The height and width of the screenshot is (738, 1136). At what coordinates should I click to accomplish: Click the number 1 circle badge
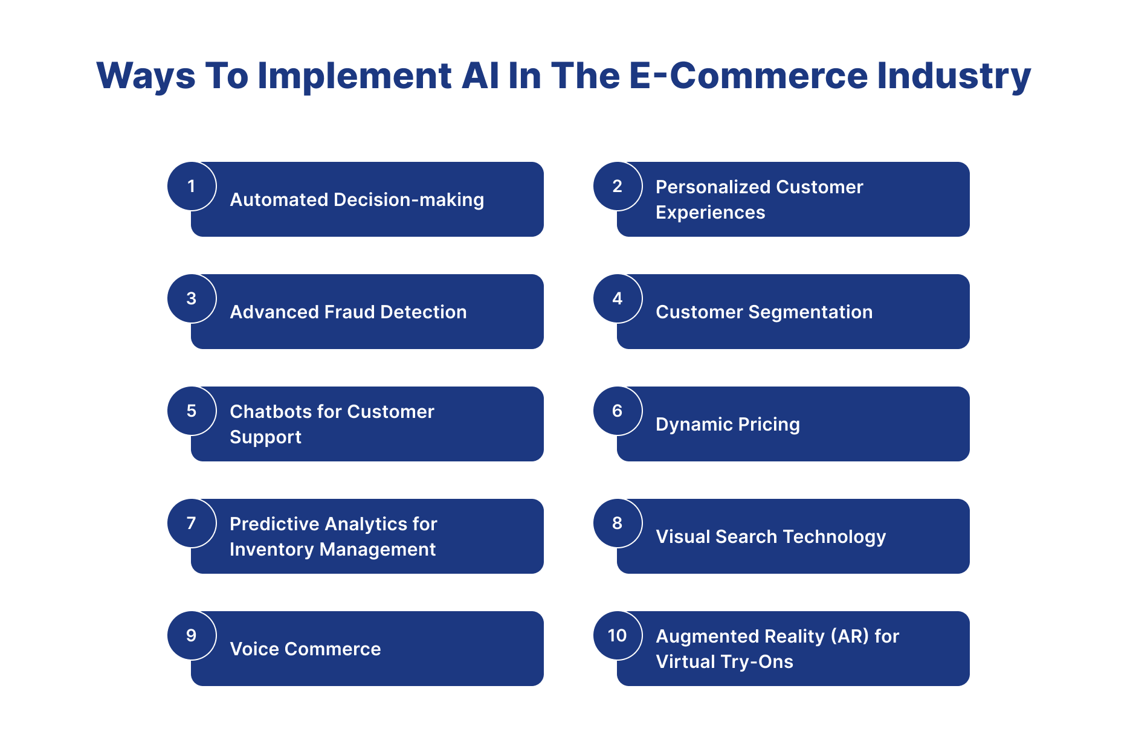point(192,186)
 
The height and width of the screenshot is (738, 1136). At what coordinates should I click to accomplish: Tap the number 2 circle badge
point(617,186)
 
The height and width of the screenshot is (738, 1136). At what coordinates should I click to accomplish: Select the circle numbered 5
point(192,411)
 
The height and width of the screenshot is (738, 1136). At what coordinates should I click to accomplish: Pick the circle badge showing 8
point(617,523)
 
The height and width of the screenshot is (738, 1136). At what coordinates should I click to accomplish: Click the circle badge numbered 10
point(617,635)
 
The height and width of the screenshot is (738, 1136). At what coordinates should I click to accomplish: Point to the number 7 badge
point(192,523)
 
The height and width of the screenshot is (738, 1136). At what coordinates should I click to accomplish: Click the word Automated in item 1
point(279,200)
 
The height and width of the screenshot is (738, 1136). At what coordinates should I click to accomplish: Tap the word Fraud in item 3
point(350,312)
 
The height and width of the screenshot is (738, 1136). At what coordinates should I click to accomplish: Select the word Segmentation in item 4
point(810,312)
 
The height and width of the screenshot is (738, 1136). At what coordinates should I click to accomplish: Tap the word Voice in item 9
point(254,649)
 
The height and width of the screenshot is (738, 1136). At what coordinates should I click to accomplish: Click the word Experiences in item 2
point(710,213)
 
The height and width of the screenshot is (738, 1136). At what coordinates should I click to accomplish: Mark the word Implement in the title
point(355,76)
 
